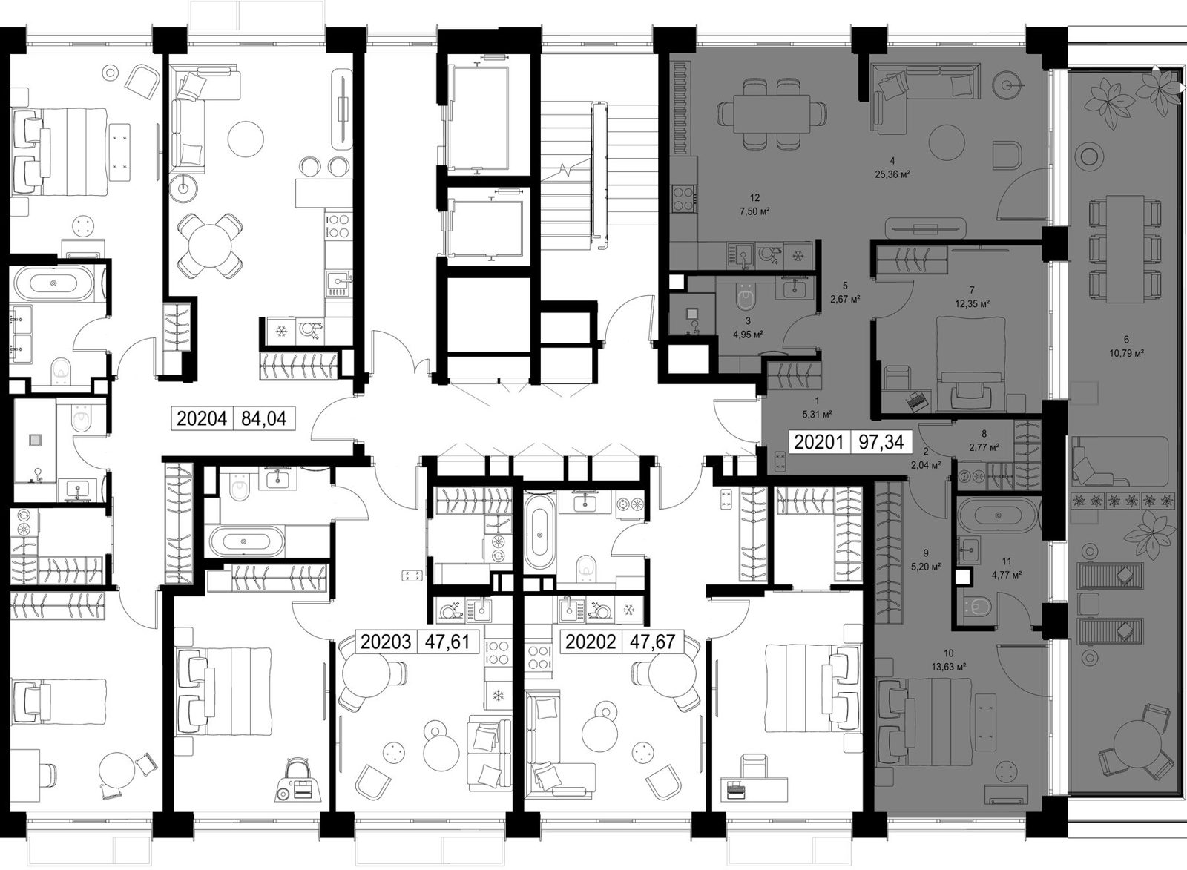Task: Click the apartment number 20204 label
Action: [201, 418]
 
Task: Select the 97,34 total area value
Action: [881, 442]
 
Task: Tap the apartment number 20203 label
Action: [386, 642]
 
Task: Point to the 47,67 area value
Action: [652, 642]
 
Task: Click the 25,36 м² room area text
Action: [892, 174]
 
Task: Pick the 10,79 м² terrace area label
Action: [1126, 353]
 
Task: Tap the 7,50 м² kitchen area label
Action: [754, 211]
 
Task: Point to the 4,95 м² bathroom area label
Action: [748, 335]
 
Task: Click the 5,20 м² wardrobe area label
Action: [926, 567]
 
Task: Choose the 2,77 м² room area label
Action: [984, 447]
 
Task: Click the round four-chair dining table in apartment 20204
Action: [211, 245]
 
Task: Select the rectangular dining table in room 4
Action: [772, 113]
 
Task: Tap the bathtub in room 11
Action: [999, 515]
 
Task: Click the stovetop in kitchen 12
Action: [683, 198]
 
